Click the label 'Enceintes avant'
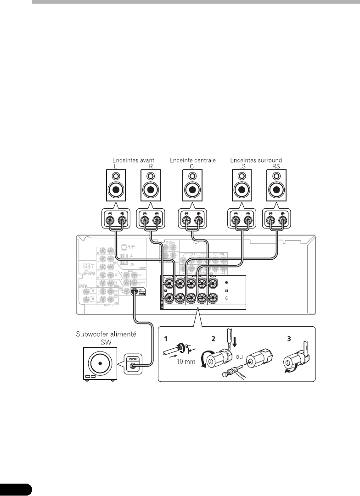click(133, 160)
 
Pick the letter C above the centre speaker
click(192, 167)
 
